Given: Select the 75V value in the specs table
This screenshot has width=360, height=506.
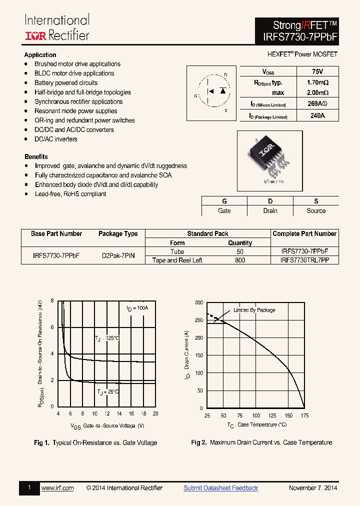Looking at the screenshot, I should tap(316, 72).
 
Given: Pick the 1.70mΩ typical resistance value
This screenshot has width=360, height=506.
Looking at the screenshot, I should tap(316, 82).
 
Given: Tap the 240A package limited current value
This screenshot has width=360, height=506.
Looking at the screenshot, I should tap(316, 115).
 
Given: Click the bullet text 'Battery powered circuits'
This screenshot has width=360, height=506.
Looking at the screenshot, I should tap(66, 83).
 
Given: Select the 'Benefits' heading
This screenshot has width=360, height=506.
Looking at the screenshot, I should tap(36, 156).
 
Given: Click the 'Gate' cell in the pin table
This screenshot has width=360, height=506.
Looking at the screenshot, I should tap(224, 211).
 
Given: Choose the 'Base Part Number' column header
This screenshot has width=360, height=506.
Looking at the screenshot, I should tap(56, 234).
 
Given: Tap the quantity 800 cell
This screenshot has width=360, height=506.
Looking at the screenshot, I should tap(240, 260).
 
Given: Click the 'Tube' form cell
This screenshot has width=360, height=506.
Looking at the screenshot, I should tap(177, 252).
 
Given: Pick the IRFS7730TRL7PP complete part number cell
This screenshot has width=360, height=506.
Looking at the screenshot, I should tap(304, 260).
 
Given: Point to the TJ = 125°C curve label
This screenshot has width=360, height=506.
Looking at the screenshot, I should tap(107, 339).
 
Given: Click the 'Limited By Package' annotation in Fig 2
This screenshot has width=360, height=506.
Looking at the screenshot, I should tap(254, 310).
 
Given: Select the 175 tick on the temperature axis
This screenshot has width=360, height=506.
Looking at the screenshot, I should tap(304, 416).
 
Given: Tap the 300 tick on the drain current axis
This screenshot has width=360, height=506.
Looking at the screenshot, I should tap(199, 303).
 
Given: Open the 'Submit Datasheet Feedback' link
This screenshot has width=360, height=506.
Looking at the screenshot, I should tap(220, 488).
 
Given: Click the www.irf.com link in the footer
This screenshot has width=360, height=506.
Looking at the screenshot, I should tap(57, 488).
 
